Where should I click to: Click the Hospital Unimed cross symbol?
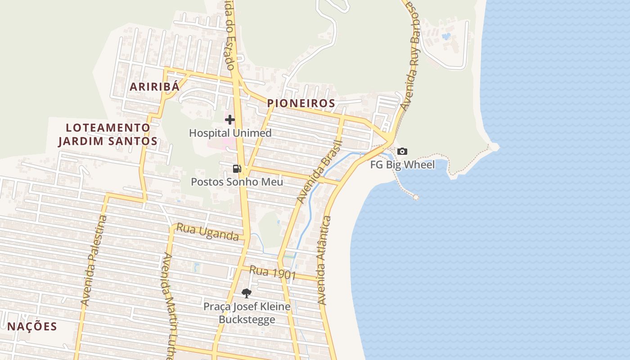pos(230,120)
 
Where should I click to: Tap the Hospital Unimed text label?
pos(230,133)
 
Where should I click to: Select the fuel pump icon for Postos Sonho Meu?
pos(237,169)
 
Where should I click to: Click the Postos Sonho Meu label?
pos(237,182)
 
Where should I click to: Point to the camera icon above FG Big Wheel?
pos(402,152)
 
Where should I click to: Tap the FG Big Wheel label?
pos(402,165)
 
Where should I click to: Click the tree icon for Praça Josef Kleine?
pos(246,293)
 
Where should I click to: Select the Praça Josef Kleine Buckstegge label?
pos(247,313)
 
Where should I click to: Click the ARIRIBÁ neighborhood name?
pos(155,87)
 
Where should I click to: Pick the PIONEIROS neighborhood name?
pos(301,103)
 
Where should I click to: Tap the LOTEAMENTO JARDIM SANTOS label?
pos(108,135)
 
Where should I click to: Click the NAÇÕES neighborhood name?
pos(32,327)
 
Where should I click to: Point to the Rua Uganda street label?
pos(207,232)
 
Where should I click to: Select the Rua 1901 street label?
pos(273,272)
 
